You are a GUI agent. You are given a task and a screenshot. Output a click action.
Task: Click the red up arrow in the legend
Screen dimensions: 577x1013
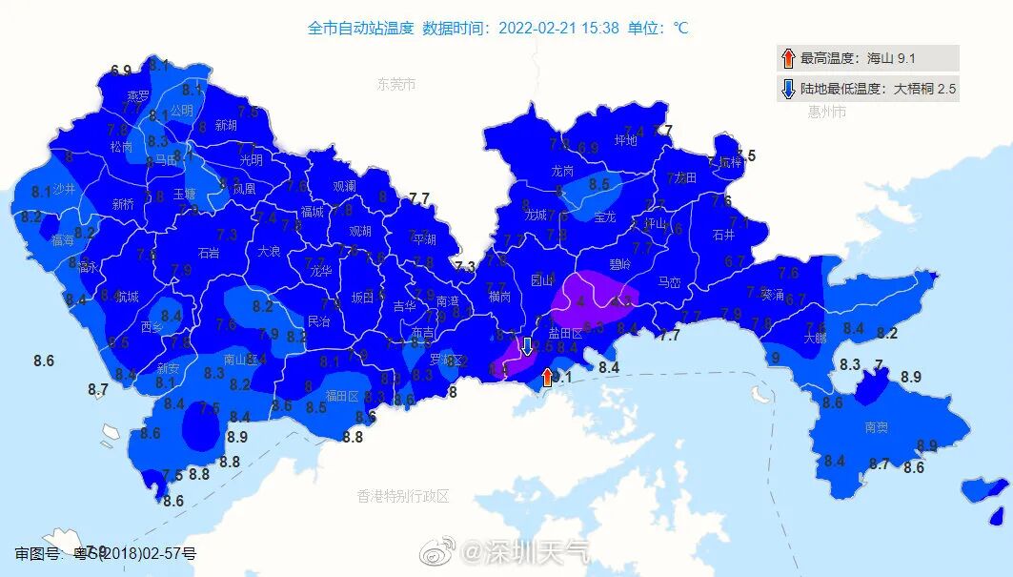pyautogui.click(x=787, y=58)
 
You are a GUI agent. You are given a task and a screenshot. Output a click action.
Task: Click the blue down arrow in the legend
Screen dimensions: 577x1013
pyautogui.click(x=787, y=90)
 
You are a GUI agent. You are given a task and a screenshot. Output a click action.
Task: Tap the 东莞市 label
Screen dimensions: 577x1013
pyautogui.click(x=396, y=85)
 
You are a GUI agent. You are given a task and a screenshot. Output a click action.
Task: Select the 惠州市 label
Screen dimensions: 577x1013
pyautogui.click(x=827, y=113)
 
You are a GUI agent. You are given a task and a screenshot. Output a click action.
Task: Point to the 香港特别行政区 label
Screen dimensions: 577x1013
pyautogui.click(x=402, y=496)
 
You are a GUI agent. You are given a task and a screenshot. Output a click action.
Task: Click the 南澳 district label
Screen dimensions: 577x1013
pyautogui.click(x=877, y=427)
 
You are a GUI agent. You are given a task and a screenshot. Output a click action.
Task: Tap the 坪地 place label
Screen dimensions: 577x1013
pyautogui.click(x=625, y=140)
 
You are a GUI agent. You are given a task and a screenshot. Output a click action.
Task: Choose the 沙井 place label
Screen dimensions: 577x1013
pyautogui.click(x=64, y=189)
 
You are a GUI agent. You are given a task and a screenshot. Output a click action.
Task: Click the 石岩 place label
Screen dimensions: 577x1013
pyautogui.click(x=208, y=253)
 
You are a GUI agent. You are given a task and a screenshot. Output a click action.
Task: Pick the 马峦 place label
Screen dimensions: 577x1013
pyautogui.click(x=670, y=282)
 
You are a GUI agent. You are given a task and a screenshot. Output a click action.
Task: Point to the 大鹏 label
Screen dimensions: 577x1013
pyautogui.click(x=815, y=338)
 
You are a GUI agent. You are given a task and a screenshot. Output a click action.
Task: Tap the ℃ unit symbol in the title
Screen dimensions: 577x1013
pyautogui.click(x=680, y=28)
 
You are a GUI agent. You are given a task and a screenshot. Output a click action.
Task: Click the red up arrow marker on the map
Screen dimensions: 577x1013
pyautogui.click(x=547, y=377)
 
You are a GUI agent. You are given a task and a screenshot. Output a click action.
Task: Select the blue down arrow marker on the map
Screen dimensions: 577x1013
pyautogui.click(x=526, y=347)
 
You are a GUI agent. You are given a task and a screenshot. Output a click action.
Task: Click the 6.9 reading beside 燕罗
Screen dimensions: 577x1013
pyautogui.click(x=121, y=71)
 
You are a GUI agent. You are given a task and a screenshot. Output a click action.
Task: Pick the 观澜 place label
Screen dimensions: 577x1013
pyautogui.click(x=344, y=186)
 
